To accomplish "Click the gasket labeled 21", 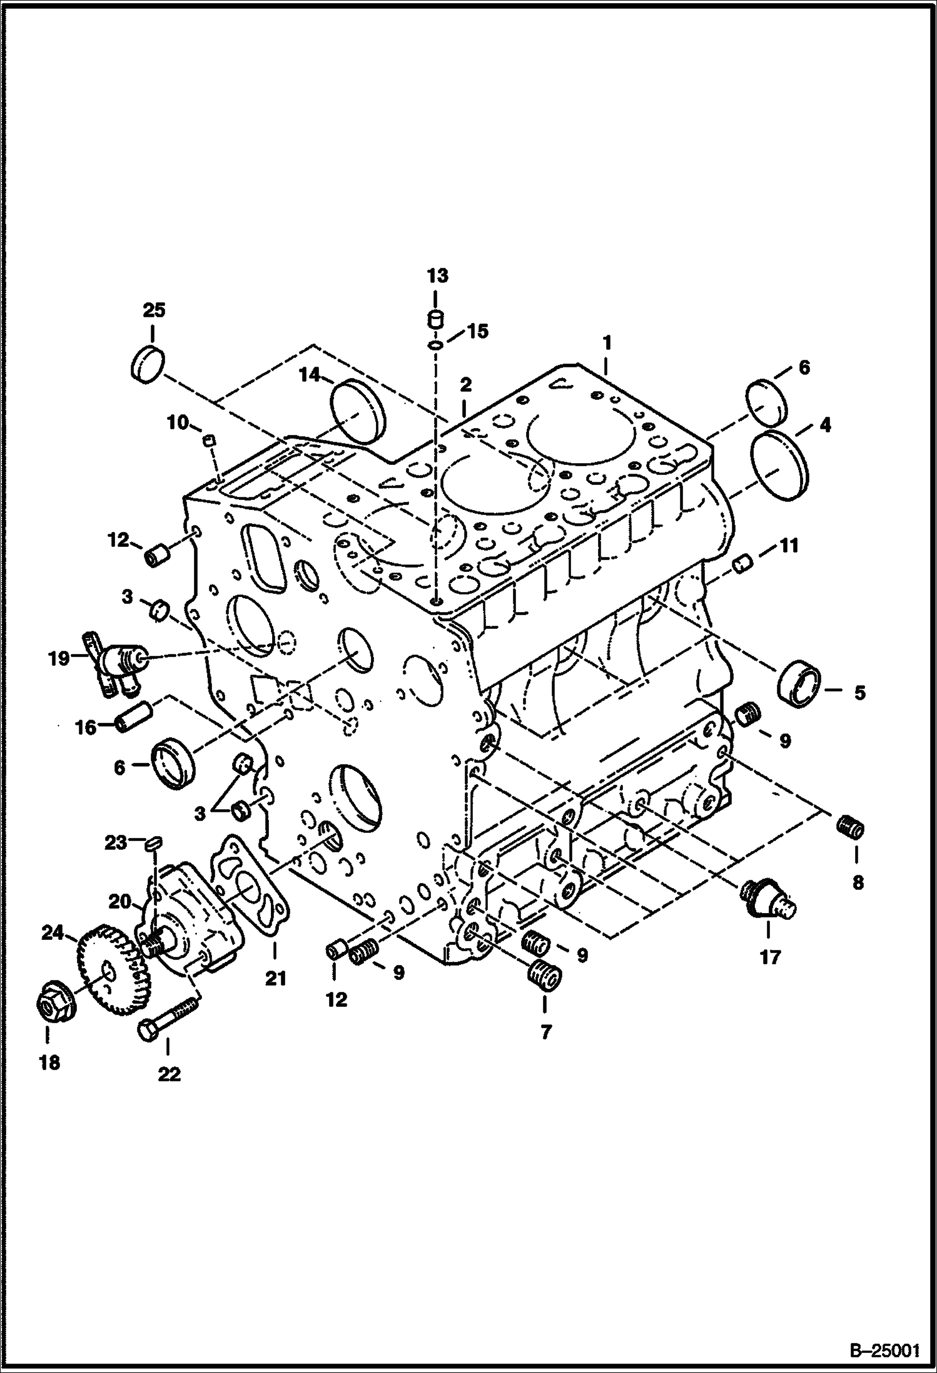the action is pyautogui.click(x=250, y=889).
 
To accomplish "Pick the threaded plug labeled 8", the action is pyautogui.click(x=851, y=828).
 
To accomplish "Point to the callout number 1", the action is pyautogui.click(x=606, y=343).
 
